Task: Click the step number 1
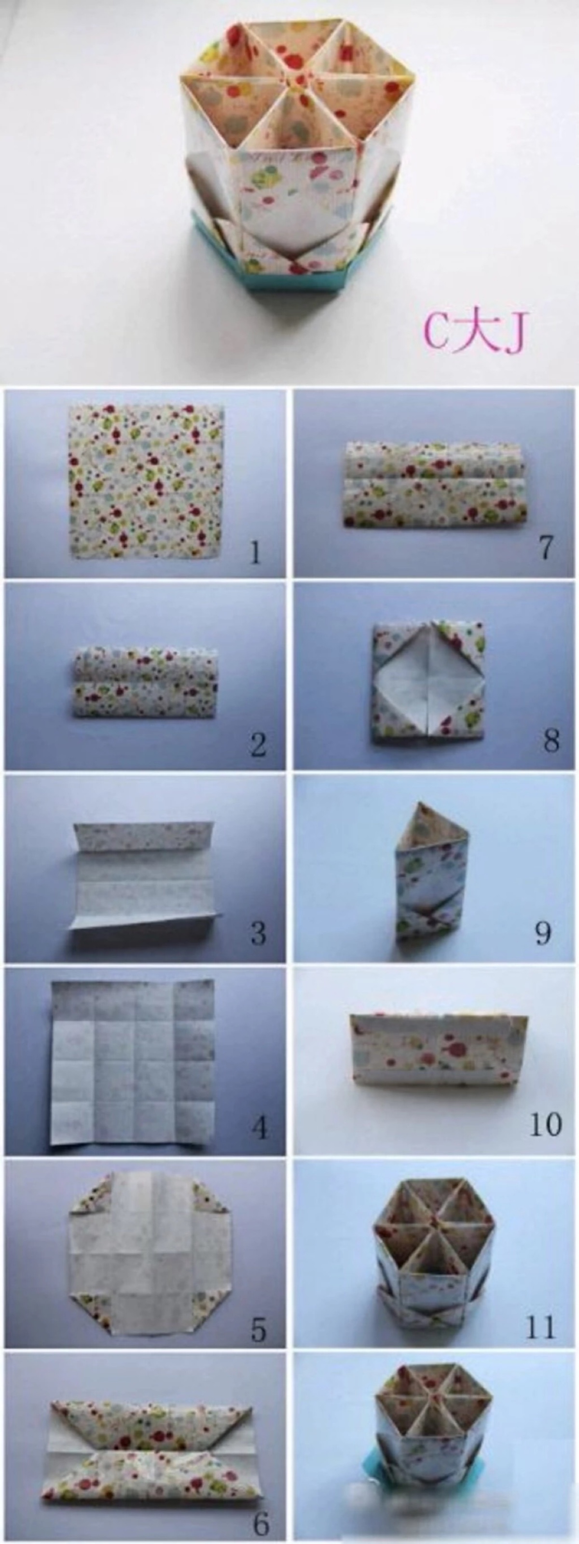(x=256, y=552)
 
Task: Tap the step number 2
(x=258, y=744)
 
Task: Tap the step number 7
(x=545, y=547)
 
